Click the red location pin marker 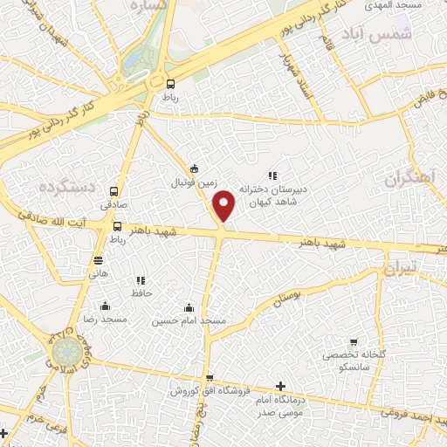pyautogui.click(x=224, y=204)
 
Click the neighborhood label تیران pyautogui.click(x=402, y=269)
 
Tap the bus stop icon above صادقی pyautogui.click(x=113, y=191)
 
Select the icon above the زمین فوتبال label pyautogui.click(x=194, y=169)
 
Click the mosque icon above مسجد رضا pyautogui.click(x=105, y=306)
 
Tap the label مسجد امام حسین pyautogui.click(x=189, y=320)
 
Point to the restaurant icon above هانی pyautogui.click(x=99, y=259)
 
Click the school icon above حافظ pyautogui.click(x=140, y=280)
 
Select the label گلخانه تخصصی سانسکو pyautogui.click(x=354, y=360)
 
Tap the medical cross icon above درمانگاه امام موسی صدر pyautogui.click(x=279, y=386)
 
